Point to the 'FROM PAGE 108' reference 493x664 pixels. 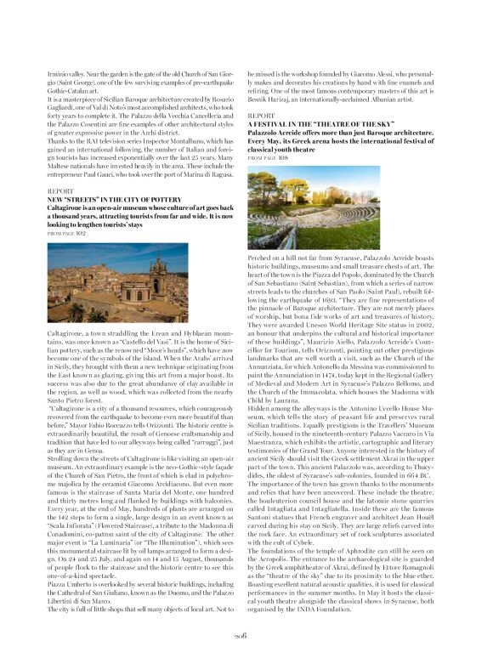coord(268,159)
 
